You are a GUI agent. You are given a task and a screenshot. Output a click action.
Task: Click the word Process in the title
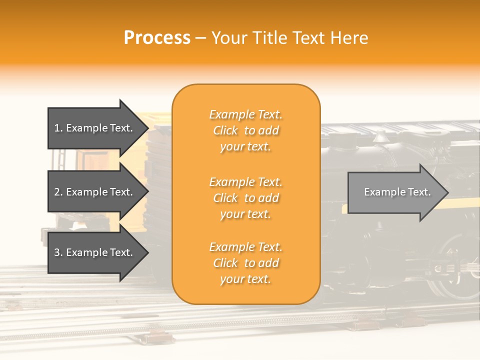tap(157, 38)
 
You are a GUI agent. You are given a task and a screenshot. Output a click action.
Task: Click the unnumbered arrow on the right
tap(395, 192)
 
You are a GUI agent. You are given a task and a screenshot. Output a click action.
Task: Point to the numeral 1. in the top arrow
tap(58, 128)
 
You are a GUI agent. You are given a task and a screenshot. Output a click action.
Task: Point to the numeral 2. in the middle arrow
tap(58, 192)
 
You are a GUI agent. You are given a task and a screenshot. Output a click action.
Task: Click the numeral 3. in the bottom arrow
tap(58, 252)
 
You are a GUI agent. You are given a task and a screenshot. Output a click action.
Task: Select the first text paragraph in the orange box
tap(245, 130)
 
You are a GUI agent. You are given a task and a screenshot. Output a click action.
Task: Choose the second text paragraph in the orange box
tap(245, 198)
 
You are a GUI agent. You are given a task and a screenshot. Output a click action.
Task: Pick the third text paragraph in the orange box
tap(245, 263)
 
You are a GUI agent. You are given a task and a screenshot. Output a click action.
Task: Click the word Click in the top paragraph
tap(225, 130)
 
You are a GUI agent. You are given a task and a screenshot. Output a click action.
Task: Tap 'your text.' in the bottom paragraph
tap(245, 279)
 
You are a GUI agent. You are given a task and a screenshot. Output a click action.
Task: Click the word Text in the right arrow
tap(419, 192)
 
